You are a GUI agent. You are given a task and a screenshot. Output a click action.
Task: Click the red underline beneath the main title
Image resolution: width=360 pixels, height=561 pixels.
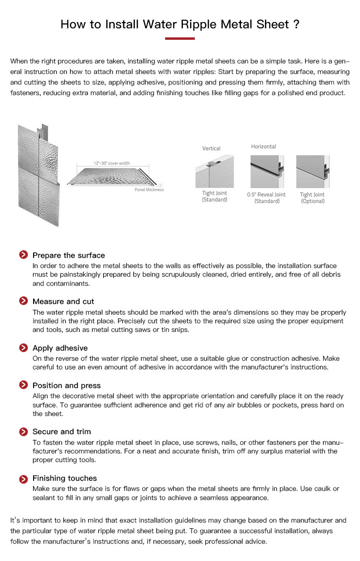[180, 38]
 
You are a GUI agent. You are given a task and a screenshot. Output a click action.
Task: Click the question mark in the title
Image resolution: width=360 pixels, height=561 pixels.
[296, 24]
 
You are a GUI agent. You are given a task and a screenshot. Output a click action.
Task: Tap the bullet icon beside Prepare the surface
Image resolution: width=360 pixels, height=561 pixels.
[23, 255]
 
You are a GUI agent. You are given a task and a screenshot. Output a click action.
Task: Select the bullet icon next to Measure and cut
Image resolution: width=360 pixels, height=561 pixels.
[23, 301]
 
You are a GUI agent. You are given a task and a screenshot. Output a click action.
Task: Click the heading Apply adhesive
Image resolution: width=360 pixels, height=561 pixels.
[60, 348]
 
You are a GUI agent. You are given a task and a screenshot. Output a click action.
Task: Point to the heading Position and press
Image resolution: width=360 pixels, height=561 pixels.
[67, 385]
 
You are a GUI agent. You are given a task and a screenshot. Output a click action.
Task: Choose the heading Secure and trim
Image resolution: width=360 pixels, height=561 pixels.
[61, 431]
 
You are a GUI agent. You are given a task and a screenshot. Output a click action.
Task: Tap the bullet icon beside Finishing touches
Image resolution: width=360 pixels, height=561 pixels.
[23, 478]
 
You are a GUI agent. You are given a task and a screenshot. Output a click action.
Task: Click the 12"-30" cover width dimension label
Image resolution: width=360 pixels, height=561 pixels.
[111, 163]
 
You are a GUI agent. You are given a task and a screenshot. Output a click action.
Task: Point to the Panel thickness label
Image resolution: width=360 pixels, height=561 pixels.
[149, 190]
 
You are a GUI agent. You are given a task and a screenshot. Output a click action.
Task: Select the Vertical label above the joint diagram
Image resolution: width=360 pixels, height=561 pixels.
[211, 148]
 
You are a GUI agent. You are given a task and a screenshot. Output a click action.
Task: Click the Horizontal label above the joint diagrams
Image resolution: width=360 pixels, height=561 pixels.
[264, 146]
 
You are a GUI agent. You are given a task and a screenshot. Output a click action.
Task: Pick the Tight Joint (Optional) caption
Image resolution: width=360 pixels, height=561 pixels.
[312, 198]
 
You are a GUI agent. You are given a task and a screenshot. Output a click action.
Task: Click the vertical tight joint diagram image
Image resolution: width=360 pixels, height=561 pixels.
[214, 171]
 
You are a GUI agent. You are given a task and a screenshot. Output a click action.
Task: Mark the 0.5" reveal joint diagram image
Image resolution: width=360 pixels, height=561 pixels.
[267, 171]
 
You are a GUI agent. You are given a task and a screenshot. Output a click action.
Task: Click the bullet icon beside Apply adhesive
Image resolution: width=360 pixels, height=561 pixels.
[23, 348]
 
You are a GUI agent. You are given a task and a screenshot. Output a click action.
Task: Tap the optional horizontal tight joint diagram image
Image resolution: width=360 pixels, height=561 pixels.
[312, 171]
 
